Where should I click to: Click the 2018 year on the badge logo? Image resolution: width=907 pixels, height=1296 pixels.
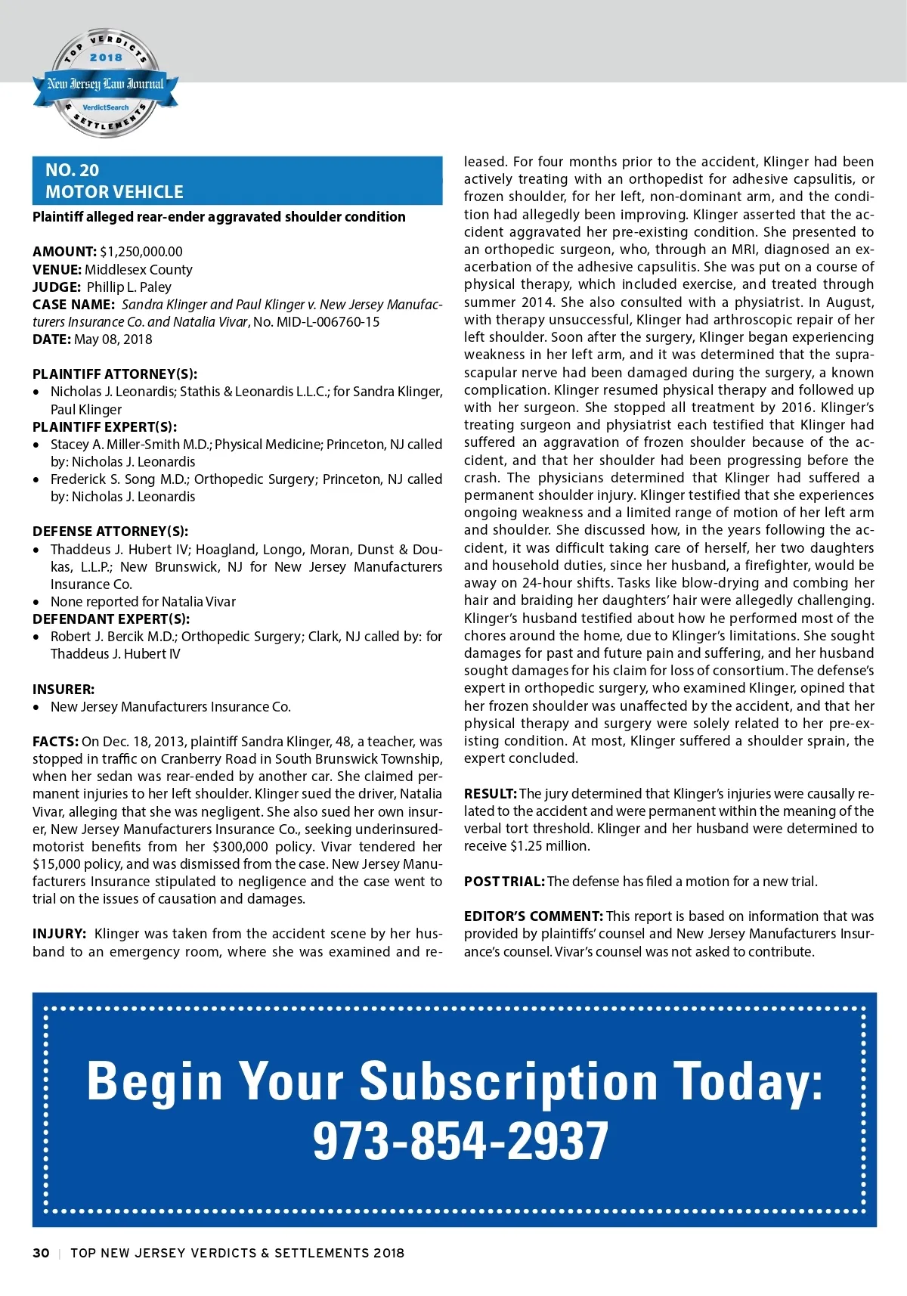coord(106,57)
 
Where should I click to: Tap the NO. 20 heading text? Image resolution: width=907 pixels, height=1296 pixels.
coord(72,170)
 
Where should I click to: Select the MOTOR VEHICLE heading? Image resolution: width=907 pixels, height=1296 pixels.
coord(114,192)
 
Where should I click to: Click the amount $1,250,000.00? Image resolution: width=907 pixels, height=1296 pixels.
coord(141,252)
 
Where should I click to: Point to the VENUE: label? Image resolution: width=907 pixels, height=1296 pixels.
coord(57,270)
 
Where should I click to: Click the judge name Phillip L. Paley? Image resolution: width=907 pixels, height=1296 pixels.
coord(129,287)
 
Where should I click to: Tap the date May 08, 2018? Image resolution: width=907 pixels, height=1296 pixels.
coord(113,340)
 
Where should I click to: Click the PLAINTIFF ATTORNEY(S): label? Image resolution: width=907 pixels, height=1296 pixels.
coord(115,374)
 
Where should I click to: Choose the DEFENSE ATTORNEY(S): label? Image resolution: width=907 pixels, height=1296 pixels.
coord(110,532)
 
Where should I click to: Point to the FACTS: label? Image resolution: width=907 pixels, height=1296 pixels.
coord(55,742)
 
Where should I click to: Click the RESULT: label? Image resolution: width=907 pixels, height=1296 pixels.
coord(490,794)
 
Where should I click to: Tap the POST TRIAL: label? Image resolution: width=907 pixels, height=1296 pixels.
coord(504,882)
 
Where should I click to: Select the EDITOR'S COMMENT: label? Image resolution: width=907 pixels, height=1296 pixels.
coord(533,916)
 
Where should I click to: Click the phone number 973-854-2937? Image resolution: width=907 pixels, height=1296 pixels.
coord(460,1141)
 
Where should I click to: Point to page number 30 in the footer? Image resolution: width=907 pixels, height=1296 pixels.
coord(41,1253)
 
